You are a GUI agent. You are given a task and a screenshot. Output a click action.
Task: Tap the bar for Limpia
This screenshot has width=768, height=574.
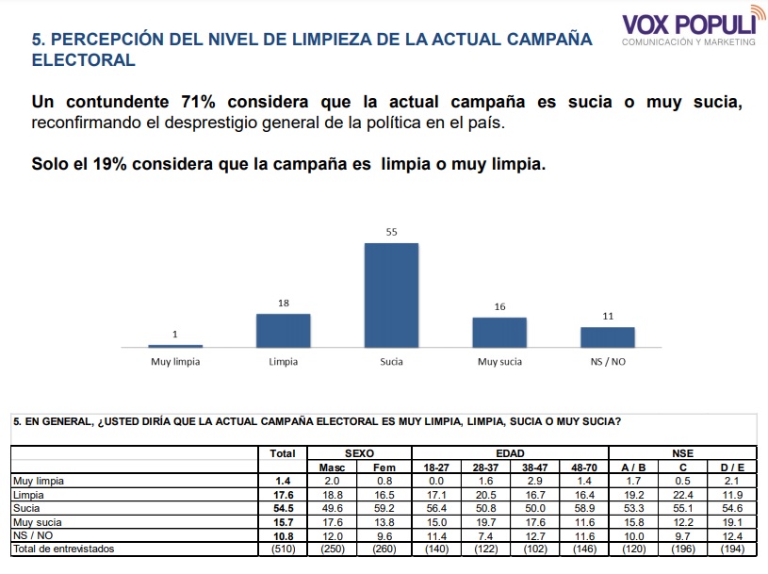point(283,331)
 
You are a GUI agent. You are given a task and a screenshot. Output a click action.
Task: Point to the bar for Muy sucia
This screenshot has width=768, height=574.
point(499,333)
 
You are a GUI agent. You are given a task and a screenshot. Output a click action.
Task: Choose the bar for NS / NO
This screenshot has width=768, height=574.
point(608,337)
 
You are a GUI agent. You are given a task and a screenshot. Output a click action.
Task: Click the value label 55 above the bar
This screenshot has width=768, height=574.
point(391,232)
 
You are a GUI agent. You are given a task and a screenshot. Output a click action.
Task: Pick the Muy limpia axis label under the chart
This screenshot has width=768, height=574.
point(175,361)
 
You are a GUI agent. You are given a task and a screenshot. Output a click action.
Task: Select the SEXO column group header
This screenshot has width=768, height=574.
point(359,453)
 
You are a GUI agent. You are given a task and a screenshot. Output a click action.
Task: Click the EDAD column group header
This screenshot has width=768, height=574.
point(510,453)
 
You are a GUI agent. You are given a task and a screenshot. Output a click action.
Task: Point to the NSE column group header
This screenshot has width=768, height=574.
point(683,453)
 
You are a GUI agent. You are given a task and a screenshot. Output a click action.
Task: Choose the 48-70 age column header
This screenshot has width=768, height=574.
point(585,467)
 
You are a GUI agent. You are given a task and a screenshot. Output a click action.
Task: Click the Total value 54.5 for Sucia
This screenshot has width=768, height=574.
point(283,508)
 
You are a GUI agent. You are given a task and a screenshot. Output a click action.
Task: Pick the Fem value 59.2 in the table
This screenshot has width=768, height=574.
point(384,508)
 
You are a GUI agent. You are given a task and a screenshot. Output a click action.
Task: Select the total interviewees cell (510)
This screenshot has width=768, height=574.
point(283,549)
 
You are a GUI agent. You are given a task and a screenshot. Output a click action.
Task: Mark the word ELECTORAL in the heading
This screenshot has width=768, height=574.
point(83,60)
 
